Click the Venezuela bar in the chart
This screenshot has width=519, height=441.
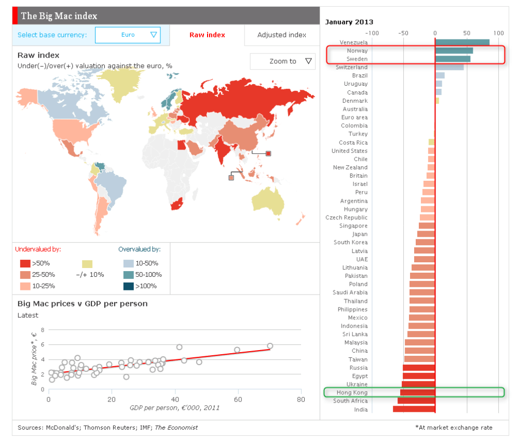point(462,42)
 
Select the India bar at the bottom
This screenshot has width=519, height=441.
point(414,409)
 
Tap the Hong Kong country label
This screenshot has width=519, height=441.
point(352,393)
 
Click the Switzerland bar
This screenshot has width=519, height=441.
point(449,67)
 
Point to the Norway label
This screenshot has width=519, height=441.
point(358,50)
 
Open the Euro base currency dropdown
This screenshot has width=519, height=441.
point(128,35)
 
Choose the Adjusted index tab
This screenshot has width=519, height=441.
point(282,35)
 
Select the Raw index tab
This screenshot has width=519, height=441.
point(207,35)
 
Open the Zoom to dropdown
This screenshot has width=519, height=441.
point(282,61)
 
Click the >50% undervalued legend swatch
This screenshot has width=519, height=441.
point(25,263)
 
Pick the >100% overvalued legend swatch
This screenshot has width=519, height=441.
point(128,286)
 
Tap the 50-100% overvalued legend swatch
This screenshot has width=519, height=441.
point(128,274)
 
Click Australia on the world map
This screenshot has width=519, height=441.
point(268,199)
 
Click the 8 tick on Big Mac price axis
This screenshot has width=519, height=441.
point(43,330)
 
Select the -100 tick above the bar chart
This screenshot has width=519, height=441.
point(373,33)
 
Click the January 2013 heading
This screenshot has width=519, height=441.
point(349,22)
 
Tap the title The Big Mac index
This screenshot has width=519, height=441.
point(59,16)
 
